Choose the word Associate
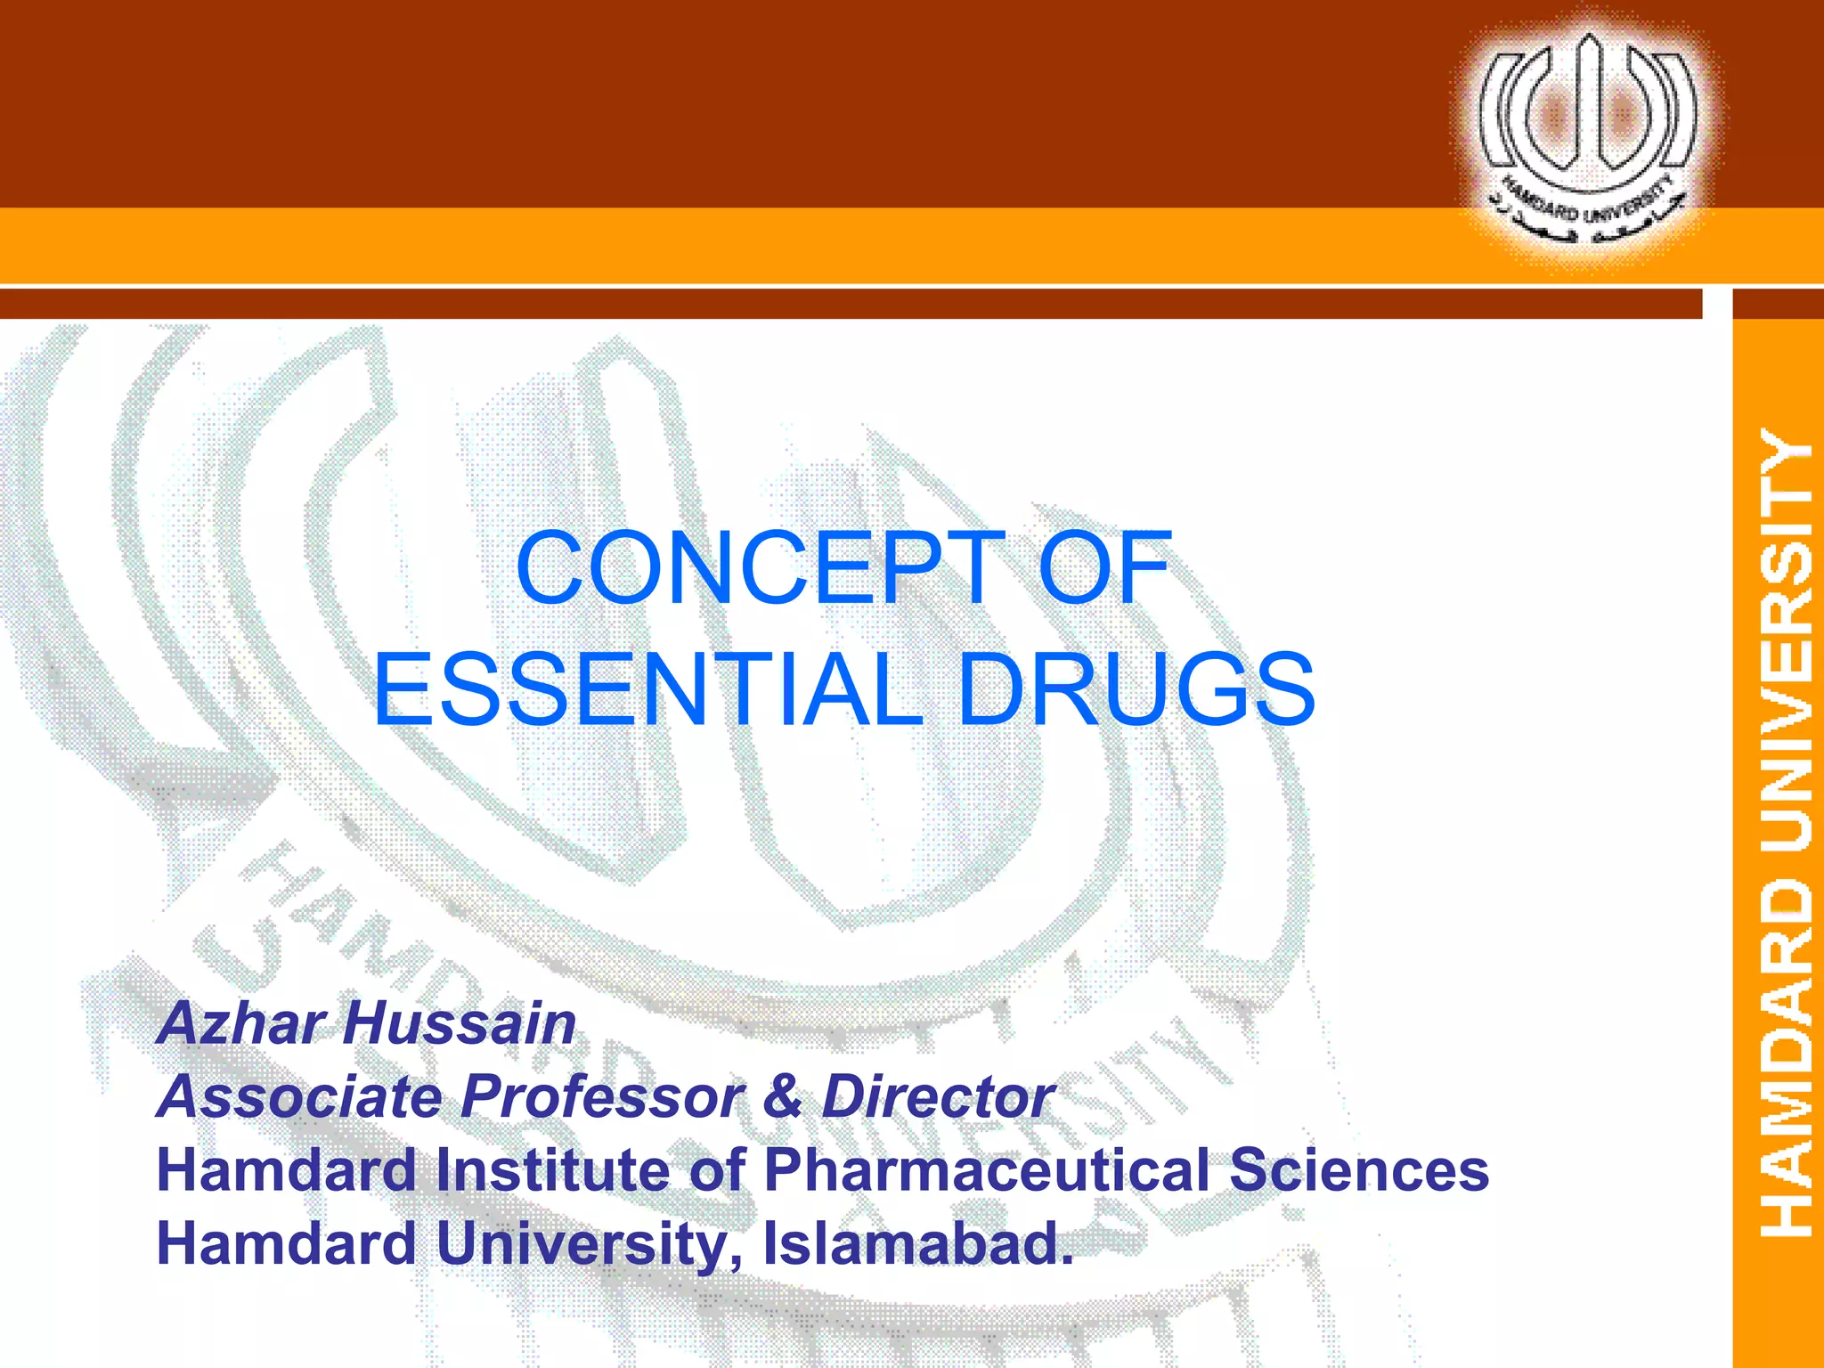click(x=299, y=1096)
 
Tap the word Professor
click(x=602, y=1096)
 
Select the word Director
click(x=938, y=1096)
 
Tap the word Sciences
click(x=1359, y=1170)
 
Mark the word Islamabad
click(x=917, y=1243)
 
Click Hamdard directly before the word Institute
click(x=286, y=1170)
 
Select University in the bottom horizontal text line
click(x=588, y=1243)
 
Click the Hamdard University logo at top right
click(x=1588, y=138)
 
